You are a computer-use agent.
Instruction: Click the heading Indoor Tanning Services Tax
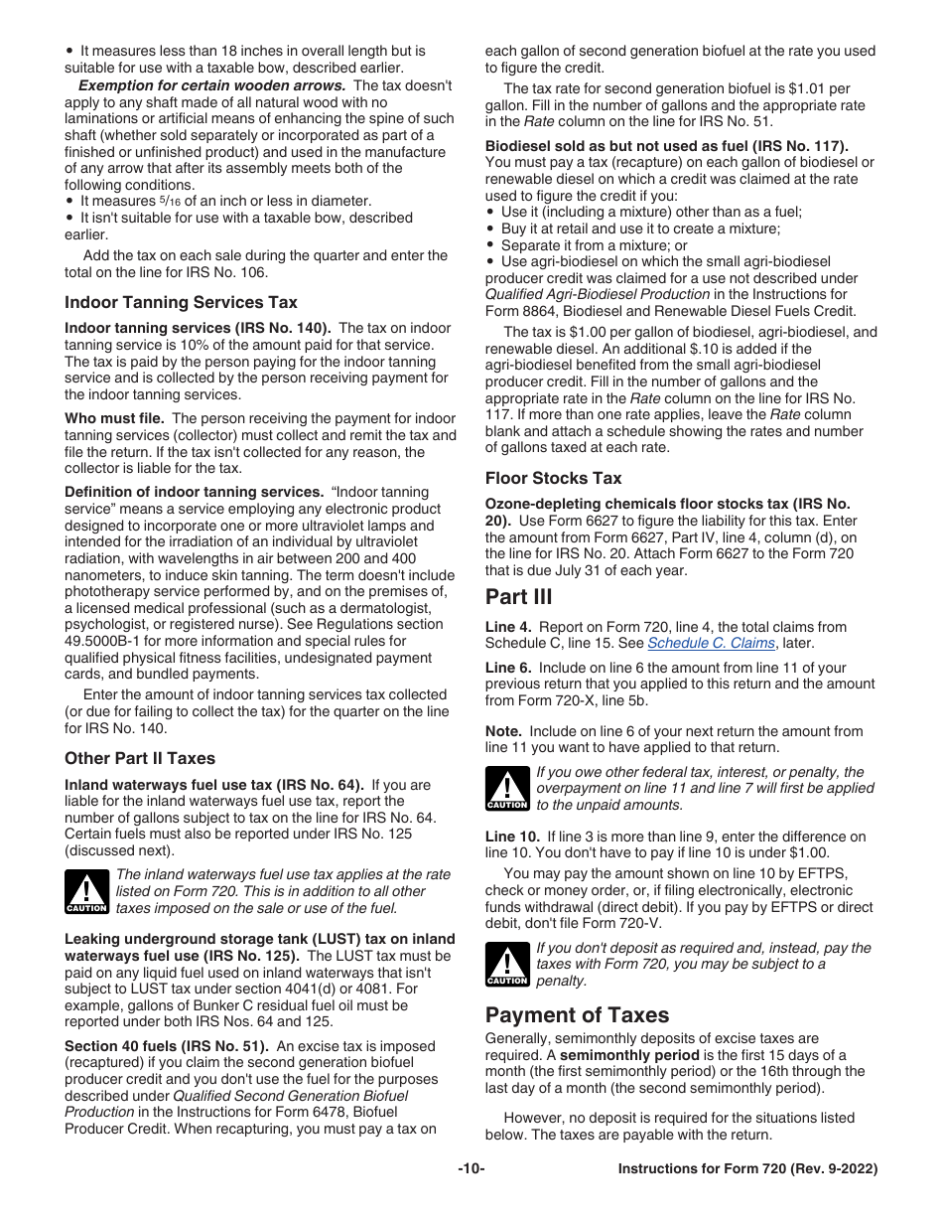tap(181, 302)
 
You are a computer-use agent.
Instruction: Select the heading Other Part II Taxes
tap(139, 758)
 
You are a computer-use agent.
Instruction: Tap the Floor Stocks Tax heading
tap(553, 478)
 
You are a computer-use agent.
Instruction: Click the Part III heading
tap(518, 597)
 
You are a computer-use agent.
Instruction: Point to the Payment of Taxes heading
tap(577, 1014)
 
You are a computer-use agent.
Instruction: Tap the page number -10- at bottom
tap(471, 1169)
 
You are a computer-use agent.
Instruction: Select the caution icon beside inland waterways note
tap(86, 891)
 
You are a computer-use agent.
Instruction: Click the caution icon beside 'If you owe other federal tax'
tap(506, 789)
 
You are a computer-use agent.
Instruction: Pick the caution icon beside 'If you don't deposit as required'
tap(506, 965)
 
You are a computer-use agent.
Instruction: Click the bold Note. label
tap(503, 731)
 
